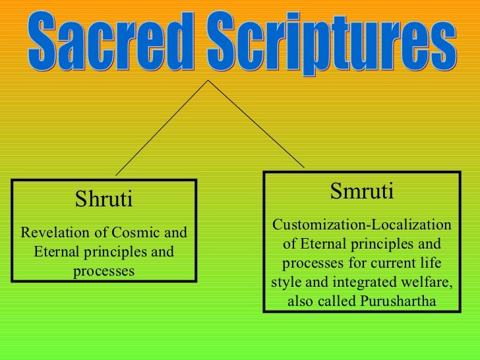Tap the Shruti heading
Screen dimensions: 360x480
104,198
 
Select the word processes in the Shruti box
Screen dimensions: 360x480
104,272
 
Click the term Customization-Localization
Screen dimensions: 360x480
361,225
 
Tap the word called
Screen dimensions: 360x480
334,303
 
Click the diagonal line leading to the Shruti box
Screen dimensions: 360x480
162,129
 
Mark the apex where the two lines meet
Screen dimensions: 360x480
209,81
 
